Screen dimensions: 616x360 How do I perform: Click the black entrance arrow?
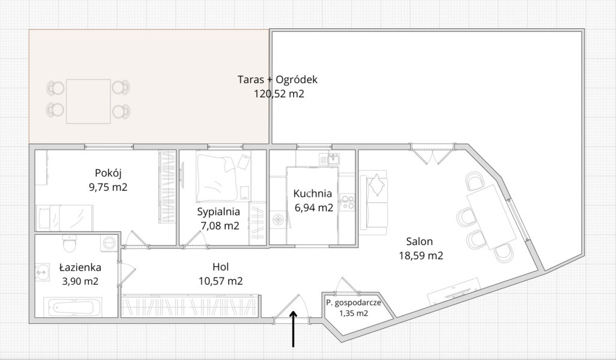[x=293, y=329]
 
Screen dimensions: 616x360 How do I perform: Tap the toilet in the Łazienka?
[x=70, y=244]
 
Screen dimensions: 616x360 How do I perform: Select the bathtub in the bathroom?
[x=73, y=307]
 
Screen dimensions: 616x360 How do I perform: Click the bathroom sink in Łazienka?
[x=42, y=272]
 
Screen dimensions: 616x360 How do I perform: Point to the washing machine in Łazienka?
[x=108, y=243]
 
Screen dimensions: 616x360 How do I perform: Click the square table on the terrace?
[x=88, y=101]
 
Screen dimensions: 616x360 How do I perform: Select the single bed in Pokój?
[x=65, y=218]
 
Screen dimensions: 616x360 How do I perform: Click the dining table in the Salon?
[x=491, y=217]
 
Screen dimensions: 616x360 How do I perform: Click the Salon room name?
[x=419, y=241]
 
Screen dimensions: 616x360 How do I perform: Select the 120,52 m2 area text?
[x=279, y=94]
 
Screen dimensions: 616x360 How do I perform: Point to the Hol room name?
[x=220, y=267]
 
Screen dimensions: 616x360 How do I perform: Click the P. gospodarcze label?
[x=354, y=303]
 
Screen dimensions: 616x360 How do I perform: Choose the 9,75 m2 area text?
[x=108, y=187]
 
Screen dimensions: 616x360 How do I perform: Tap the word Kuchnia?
[x=313, y=193]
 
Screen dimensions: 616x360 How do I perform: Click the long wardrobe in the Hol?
[x=190, y=305]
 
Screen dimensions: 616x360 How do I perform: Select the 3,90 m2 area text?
[x=80, y=281]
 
